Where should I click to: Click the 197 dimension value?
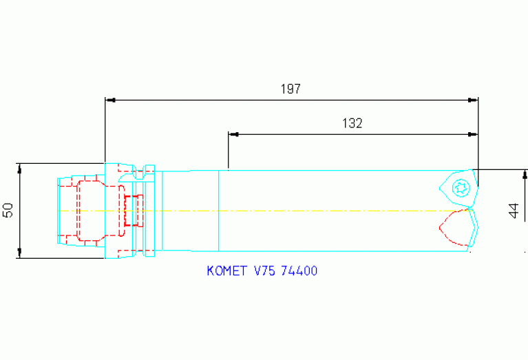click(291, 89)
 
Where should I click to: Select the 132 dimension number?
click(352, 123)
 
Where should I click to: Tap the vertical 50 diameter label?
click(8, 211)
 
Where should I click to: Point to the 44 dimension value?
click(514, 211)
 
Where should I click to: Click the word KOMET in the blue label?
click(228, 271)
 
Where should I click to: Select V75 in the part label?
click(265, 271)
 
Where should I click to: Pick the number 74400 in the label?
click(299, 271)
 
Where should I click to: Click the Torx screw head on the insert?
click(460, 187)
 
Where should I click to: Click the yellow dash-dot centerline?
click(310, 210)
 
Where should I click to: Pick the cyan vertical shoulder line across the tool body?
click(218, 211)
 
